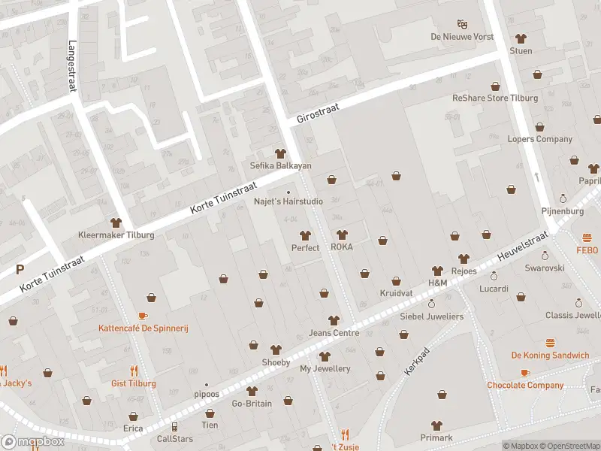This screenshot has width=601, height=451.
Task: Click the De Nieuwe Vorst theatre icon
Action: coord(461,24)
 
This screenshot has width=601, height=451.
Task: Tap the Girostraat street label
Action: coord(318,114)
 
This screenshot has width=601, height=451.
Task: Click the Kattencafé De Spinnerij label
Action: coord(142,328)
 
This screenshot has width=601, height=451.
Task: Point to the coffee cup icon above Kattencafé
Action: coord(143,316)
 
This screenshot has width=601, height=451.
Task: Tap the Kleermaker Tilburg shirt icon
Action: coord(116,222)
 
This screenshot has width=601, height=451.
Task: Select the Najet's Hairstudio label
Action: coord(288,201)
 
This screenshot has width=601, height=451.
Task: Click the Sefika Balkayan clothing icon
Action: coord(280,153)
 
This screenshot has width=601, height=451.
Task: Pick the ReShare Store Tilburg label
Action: coord(494,98)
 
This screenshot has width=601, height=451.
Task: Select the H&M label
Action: coord(437,283)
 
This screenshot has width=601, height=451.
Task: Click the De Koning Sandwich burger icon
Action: coord(550,343)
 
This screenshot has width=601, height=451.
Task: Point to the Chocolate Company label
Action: coord(524,386)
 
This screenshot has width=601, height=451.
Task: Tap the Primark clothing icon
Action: coord(436,425)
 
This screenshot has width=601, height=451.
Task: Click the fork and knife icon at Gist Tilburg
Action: coord(134,371)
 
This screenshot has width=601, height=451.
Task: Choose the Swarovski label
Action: coord(545,268)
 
